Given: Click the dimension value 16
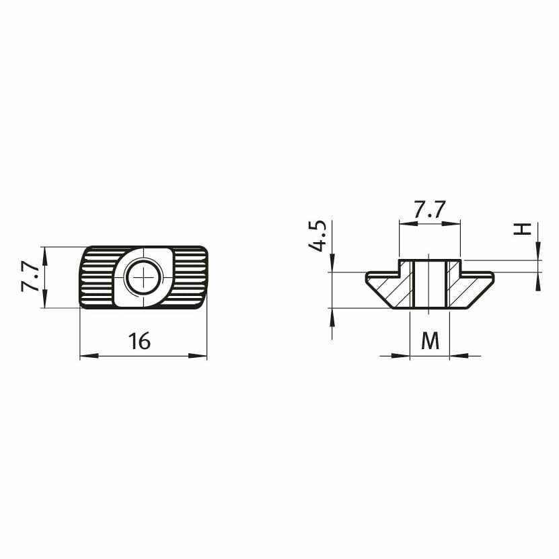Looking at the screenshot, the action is point(139,341).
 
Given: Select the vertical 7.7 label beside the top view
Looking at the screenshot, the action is point(30,276).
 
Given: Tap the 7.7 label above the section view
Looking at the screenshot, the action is point(429,210).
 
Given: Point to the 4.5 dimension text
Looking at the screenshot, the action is point(317,236).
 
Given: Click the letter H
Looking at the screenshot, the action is point(522,229).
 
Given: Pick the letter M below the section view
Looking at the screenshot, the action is point(430,340).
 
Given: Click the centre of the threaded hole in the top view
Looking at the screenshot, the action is point(144,277).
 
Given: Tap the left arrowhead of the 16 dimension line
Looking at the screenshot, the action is point(89,355).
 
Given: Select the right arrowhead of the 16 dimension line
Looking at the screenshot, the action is point(198,355).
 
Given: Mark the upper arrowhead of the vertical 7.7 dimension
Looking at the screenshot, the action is point(44,256).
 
